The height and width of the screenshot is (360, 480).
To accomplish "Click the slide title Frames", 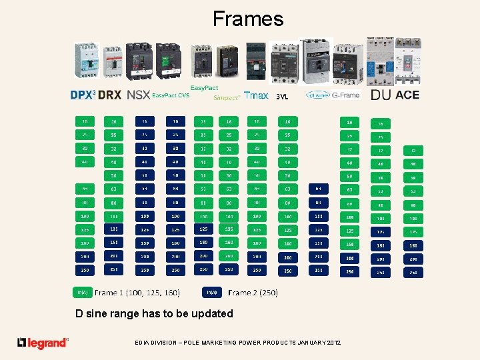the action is [x=248, y=19].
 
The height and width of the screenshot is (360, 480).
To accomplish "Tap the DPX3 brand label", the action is [x=83, y=95].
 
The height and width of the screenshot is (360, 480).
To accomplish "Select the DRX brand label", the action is [x=109, y=95].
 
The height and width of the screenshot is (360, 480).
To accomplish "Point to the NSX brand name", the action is [x=138, y=95].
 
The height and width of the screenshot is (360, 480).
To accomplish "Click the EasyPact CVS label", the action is [x=170, y=95].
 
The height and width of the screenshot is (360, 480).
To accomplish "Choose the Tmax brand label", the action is [x=256, y=95].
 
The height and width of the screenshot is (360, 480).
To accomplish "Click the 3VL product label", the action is [x=281, y=96].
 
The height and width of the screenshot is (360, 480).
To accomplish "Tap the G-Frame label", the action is [x=345, y=95].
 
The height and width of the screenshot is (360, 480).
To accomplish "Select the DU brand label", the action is [x=381, y=95].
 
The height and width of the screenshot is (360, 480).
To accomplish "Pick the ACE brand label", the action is [x=407, y=95].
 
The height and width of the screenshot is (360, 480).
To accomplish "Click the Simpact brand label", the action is [x=226, y=97].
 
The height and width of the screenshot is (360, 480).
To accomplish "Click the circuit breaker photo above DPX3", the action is [x=85, y=61].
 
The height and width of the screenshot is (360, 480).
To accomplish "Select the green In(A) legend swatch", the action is [x=83, y=292].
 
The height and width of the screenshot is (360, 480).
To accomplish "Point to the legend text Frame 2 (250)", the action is [x=253, y=292].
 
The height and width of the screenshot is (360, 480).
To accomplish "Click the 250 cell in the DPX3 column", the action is [x=85, y=271].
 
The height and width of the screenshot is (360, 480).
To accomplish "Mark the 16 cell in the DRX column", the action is [x=113, y=121].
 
